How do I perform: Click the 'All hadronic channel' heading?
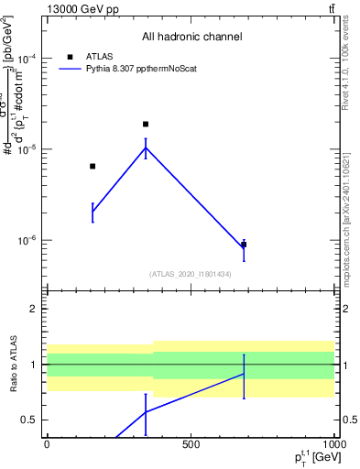coord(191,38)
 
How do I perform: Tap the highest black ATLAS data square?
coord(146,124)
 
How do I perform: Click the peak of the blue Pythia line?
coord(146,147)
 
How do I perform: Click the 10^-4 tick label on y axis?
coord(27,58)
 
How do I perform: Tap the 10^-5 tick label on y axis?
coord(27,148)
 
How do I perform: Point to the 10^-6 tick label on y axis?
coord(27,240)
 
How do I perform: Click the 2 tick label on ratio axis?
coord(33,309)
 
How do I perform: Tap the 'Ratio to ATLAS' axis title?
coord(11,365)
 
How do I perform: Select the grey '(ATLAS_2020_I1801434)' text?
coord(191,274)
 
